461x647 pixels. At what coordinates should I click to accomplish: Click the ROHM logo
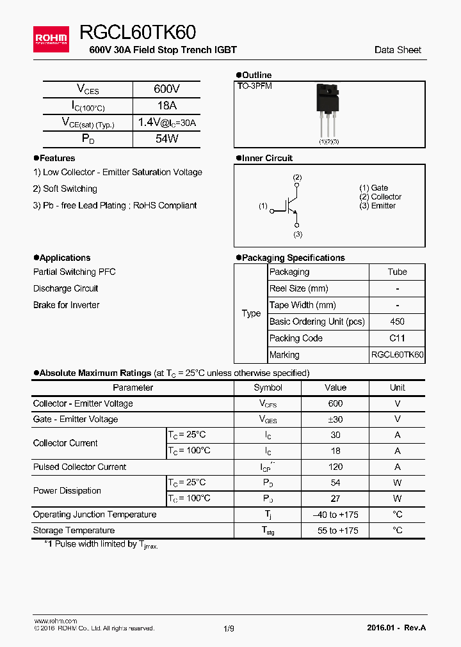(x=51, y=39)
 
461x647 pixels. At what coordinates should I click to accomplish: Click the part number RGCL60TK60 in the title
(x=138, y=33)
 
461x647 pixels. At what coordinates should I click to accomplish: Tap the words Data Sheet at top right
(x=398, y=50)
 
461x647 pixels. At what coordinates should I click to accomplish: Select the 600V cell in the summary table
(x=166, y=90)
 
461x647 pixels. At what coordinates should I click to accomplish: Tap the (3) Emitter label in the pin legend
(x=377, y=205)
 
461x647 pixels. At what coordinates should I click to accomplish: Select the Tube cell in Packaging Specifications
(x=397, y=272)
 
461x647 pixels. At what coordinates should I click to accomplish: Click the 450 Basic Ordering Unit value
(x=397, y=322)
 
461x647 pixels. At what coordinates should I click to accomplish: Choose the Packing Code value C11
(x=397, y=338)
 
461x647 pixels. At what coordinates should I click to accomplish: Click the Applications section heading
(x=65, y=258)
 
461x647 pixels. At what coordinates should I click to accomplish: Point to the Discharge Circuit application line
(x=66, y=288)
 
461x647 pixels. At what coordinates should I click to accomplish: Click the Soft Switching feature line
(x=65, y=189)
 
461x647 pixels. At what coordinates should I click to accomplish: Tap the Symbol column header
(x=268, y=387)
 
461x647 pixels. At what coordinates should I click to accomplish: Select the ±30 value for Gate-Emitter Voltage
(x=335, y=419)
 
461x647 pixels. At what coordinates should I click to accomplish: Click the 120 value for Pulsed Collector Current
(x=335, y=467)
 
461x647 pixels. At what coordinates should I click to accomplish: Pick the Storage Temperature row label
(x=74, y=530)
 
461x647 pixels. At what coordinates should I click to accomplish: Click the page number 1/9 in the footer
(x=229, y=628)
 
